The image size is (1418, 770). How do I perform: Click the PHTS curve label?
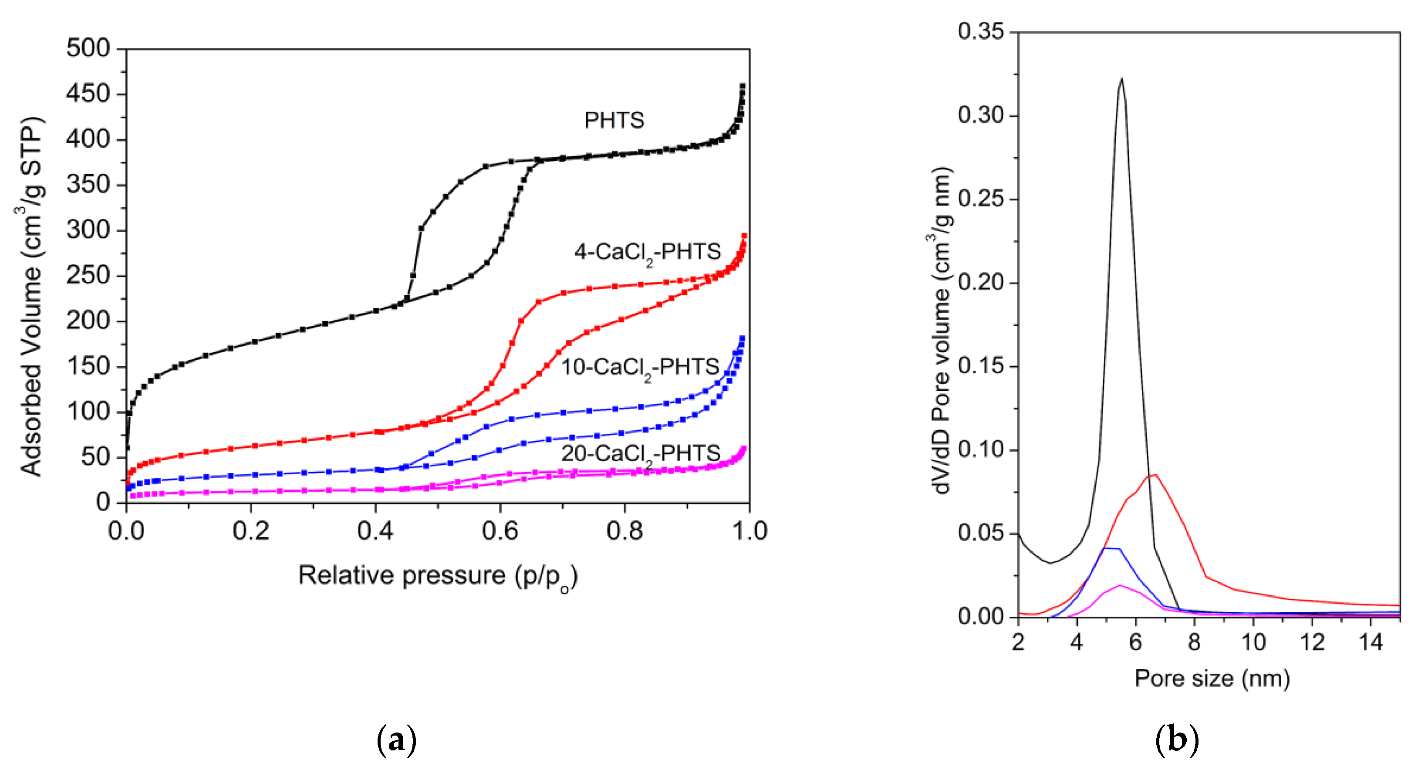pos(614,120)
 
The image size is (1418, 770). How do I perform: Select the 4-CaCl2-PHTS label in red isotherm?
pos(647,252)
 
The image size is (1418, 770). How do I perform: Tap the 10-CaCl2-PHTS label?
pos(640,367)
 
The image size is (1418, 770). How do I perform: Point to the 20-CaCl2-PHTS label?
pos(641,453)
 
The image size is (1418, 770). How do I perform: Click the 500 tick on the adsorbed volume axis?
pos(88,48)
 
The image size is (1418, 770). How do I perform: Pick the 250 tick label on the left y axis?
pos(88,275)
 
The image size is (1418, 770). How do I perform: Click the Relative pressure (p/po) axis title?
pos(438,576)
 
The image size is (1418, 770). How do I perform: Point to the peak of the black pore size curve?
pos(1121,79)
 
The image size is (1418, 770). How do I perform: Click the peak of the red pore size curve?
pos(1155,474)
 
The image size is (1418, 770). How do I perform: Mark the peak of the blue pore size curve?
pos(1111,548)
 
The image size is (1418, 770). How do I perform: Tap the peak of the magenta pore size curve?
pos(1120,585)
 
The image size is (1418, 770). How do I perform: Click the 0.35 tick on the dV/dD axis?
pos(980,31)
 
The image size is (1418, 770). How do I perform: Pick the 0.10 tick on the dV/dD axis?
pos(980,449)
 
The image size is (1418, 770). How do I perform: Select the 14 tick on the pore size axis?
pos(1371,642)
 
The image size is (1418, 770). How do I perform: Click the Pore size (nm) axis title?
pos(1212,678)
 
